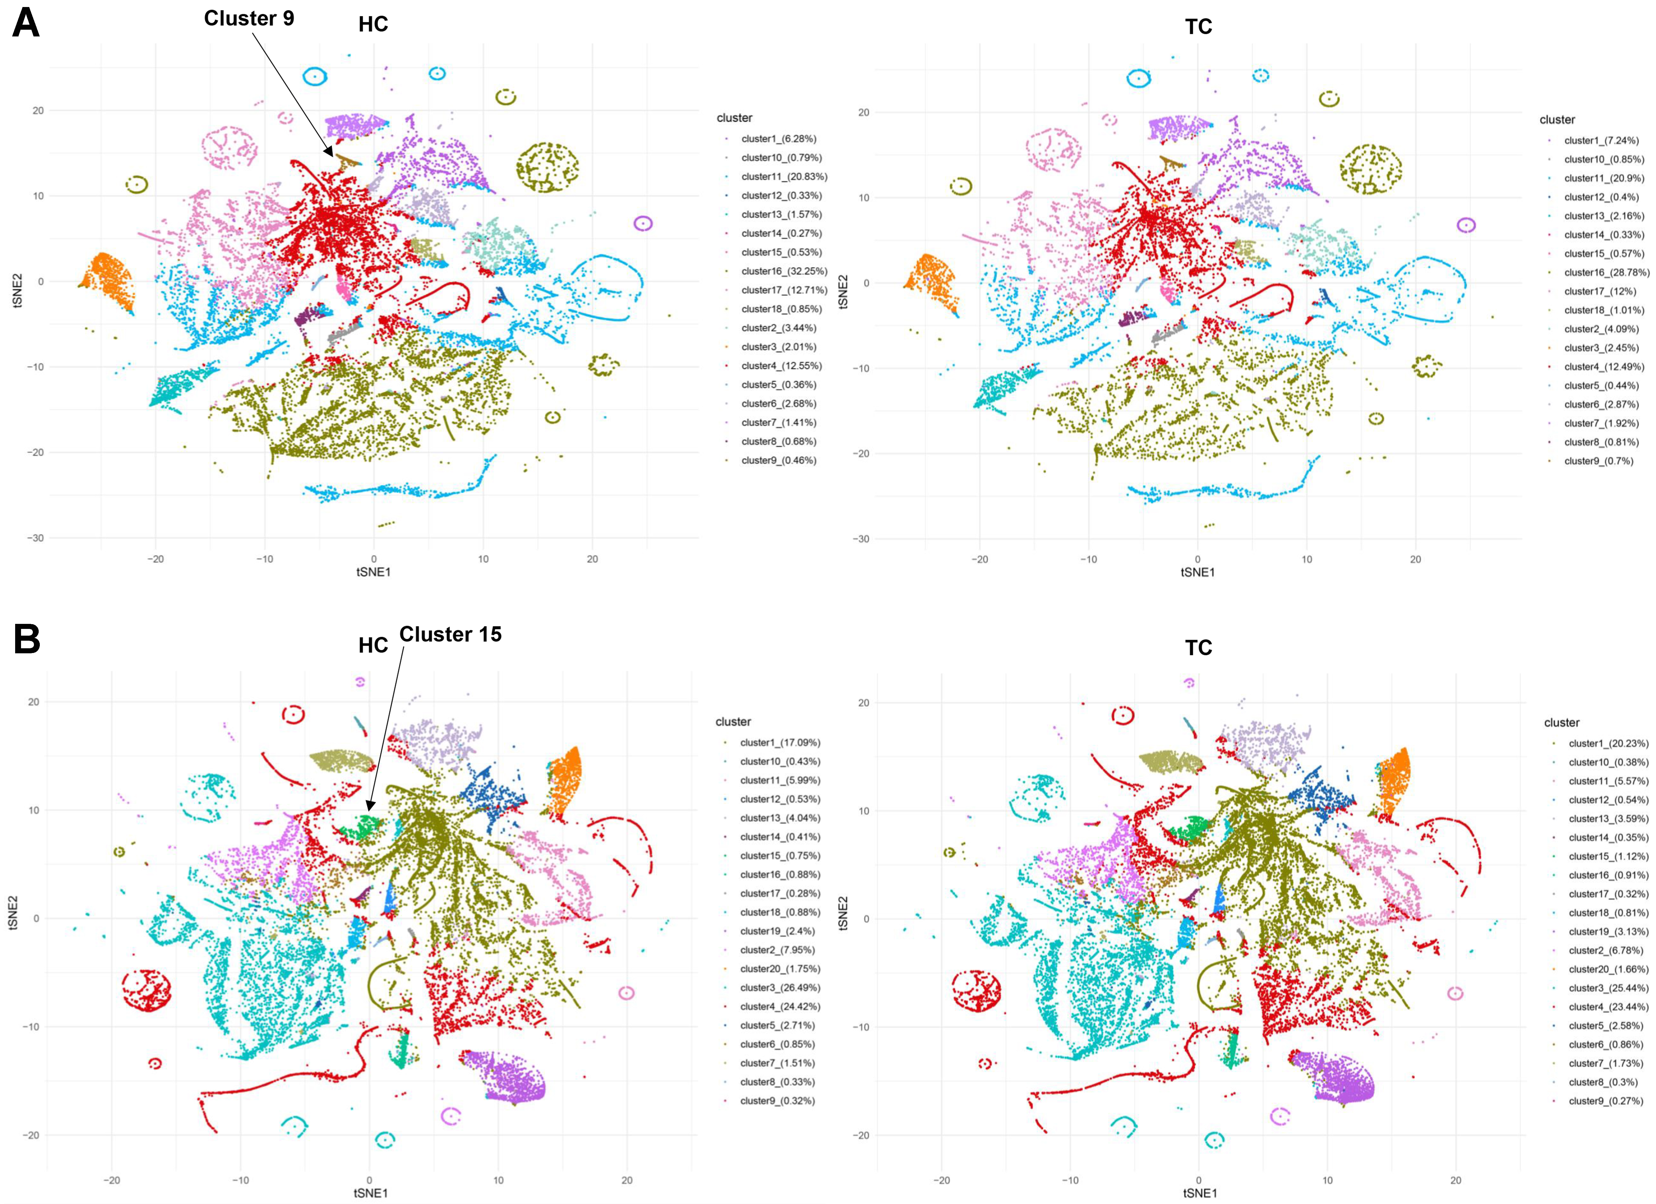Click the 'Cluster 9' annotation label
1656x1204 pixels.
(249, 18)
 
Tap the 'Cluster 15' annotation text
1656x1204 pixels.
(451, 635)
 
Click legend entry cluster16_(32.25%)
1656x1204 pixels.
(783, 271)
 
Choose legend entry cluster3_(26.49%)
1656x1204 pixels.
(780, 988)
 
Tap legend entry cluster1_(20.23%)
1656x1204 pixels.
(1608, 743)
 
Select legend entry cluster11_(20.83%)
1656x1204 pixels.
(783, 177)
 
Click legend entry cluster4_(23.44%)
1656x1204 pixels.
(1608, 1007)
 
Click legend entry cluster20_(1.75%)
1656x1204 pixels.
(780, 969)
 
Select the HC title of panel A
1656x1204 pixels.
(373, 25)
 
